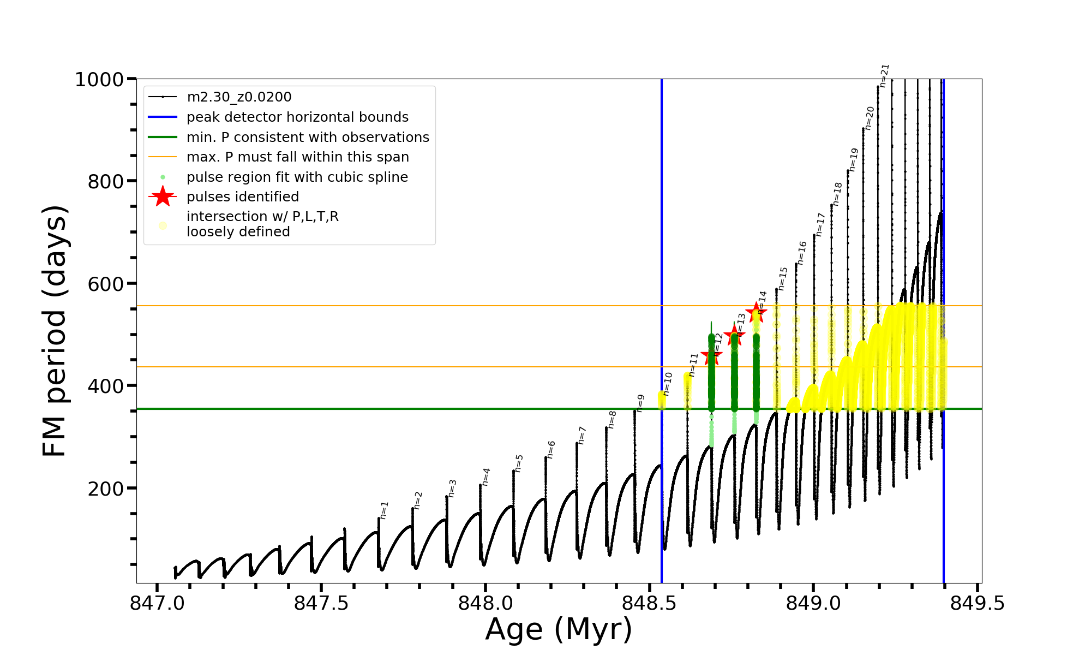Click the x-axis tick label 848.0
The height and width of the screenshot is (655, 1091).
click(x=485, y=604)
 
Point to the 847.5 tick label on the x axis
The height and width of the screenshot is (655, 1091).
click(x=321, y=604)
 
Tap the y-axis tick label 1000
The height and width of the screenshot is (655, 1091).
click(x=99, y=80)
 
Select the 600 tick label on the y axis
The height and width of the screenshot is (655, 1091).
click(x=106, y=284)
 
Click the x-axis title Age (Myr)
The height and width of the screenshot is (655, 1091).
click(x=559, y=629)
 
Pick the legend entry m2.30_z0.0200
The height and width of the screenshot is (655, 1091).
click(x=239, y=97)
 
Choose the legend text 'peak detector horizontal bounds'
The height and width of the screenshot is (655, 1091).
click(x=297, y=117)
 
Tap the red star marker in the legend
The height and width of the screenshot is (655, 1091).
click(x=163, y=196)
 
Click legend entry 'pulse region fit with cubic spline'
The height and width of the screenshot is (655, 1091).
click(x=297, y=177)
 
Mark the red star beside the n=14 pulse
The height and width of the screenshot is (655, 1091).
click(x=756, y=313)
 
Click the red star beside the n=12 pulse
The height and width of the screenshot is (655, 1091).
click(x=711, y=356)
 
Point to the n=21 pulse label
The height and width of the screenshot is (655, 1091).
click(x=885, y=75)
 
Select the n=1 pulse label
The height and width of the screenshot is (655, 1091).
click(x=384, y=510)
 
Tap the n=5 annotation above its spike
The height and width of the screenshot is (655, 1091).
click(x=519, y=463)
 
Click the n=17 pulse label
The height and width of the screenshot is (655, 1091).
click(x=820, y=224)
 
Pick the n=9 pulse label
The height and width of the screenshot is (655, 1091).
click(x=640, y=403)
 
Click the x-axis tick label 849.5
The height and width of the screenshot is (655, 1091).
click(x=977, y=604)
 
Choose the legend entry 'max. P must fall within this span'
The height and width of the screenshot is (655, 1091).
click(x=297, y=157)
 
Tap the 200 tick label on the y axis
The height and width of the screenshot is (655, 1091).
click(x=106, y=489)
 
